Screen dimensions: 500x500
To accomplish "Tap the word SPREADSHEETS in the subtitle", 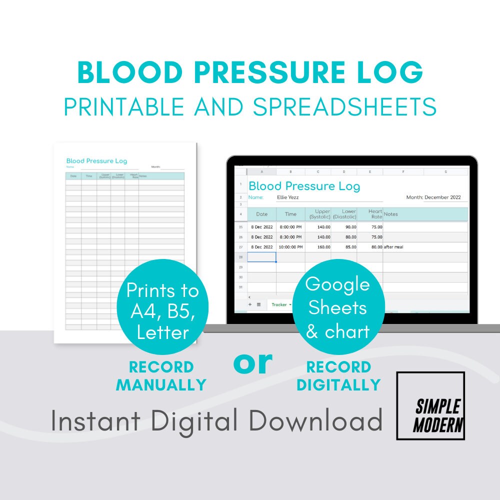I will [344, 106].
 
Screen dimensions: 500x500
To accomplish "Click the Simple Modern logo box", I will [430, 405].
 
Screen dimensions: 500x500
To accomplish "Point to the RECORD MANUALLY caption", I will [161, 375].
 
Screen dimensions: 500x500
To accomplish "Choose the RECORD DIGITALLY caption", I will [338, 375].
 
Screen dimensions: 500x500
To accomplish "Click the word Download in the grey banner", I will [316, 421].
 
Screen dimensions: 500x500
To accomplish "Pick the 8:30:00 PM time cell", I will [290, 237].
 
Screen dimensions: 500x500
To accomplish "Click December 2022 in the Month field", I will [442, 197].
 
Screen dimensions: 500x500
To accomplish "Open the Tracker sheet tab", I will [279, 304].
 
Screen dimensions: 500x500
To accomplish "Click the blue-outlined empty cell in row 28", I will [261, 257].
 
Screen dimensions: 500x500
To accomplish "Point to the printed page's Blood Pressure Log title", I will [96, 161].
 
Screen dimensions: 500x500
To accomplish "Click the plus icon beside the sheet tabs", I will [250, 304].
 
